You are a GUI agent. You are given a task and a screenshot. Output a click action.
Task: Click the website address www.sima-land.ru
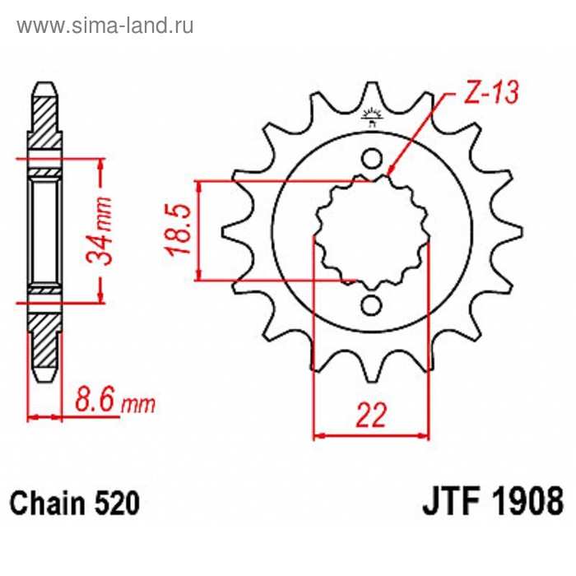click(105, 26)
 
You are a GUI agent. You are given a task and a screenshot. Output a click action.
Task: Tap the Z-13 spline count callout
click(492, 92)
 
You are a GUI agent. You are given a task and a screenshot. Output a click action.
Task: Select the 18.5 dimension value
click(179, 230)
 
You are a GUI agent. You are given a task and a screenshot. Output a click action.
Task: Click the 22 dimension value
click(371, 415)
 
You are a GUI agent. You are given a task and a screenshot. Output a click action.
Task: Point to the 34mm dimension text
click(99, 230)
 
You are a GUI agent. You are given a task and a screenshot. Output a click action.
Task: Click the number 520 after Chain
click(117, 503)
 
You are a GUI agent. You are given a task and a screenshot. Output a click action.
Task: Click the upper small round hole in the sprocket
click(372, 159)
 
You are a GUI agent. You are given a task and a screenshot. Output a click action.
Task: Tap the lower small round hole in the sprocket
click(371, 305)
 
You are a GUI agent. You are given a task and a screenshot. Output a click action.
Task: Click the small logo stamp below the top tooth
click(372, 118)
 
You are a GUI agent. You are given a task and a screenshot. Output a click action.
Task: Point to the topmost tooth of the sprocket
click(372, 96)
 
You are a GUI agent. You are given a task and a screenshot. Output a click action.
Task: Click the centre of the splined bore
click(372, 232)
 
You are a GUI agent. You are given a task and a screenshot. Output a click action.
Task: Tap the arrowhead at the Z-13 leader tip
click(389, 174)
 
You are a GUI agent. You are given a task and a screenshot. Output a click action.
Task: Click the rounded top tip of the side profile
click(44, 84)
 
